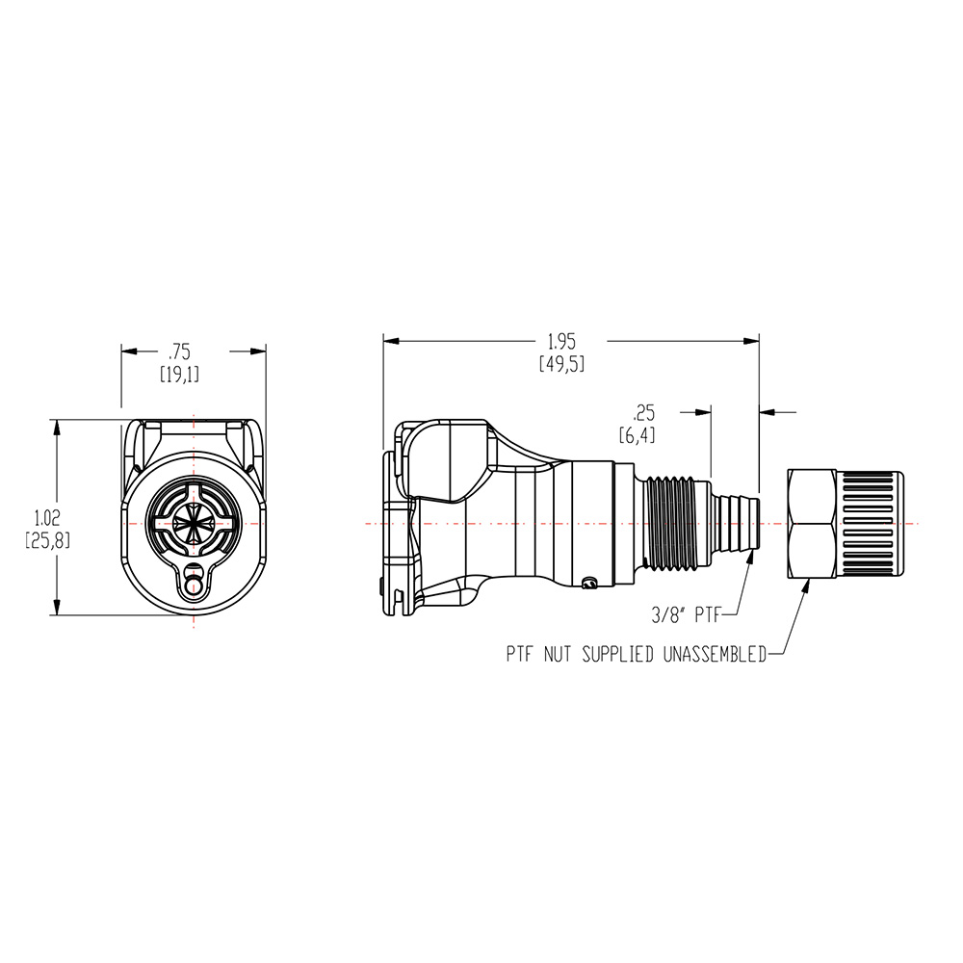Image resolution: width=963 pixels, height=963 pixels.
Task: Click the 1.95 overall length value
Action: point(561,341)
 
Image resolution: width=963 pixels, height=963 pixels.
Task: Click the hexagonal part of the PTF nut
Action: point(812,523)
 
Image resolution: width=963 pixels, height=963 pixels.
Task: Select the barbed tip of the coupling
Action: point(737,523)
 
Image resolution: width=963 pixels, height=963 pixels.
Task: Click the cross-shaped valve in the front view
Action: point(195,524)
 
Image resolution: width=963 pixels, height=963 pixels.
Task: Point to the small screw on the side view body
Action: point(590,581)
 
